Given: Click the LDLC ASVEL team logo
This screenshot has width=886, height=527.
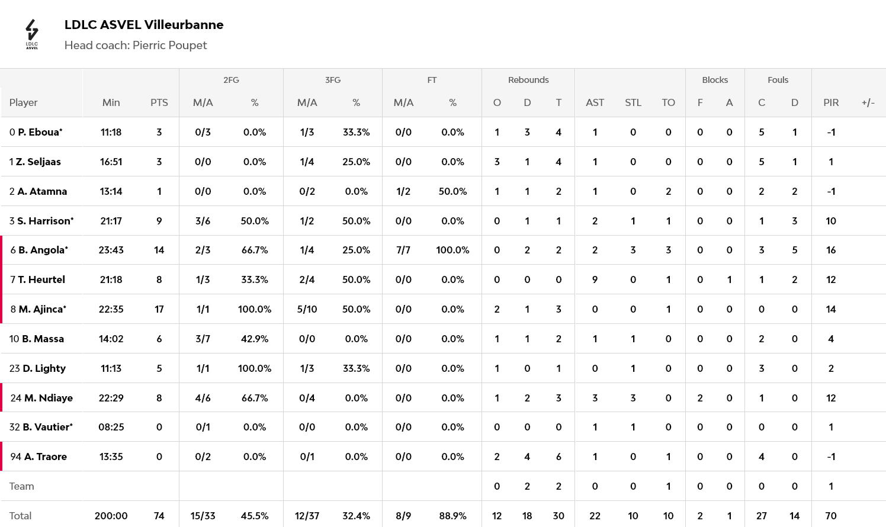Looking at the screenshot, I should [32, 34].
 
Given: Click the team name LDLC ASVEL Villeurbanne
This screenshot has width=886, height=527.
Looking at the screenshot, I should [144, 25].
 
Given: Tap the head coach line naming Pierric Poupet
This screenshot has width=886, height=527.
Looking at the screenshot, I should [136, 46].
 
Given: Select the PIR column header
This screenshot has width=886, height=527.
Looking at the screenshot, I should [831, 102].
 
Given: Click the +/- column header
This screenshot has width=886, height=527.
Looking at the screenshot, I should [868, 102].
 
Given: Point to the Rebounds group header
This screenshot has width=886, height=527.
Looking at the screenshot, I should [528, 80].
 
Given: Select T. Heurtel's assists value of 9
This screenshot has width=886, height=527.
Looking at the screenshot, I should [595, 279].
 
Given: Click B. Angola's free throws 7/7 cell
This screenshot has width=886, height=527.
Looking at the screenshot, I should [403, 250].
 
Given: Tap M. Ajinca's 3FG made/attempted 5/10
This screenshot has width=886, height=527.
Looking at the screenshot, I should [307, 309].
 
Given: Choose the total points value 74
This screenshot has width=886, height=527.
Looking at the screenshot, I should [159, 516].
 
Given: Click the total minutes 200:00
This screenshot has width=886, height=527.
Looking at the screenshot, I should [111, 516].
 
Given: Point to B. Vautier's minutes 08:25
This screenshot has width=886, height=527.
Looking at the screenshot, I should [111, 427].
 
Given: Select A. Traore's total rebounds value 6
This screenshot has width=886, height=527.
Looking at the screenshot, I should [558, 457].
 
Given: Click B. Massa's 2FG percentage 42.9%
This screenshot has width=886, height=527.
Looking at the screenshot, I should [255, 339].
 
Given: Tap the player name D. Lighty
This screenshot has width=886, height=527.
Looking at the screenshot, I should [44, 368].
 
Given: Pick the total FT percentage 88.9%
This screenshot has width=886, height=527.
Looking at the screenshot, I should [452, 516].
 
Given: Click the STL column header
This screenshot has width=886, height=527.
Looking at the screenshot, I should [633, 102].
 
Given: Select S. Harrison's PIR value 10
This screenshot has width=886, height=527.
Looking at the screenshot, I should [831, 221].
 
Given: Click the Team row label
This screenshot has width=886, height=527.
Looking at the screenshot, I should [22, 486].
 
